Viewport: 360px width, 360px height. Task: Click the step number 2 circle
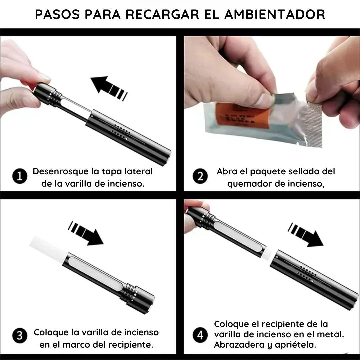tap(200, 176)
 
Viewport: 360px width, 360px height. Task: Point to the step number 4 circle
tap(200, 335)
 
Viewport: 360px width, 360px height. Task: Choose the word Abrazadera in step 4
tap(234, 345)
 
